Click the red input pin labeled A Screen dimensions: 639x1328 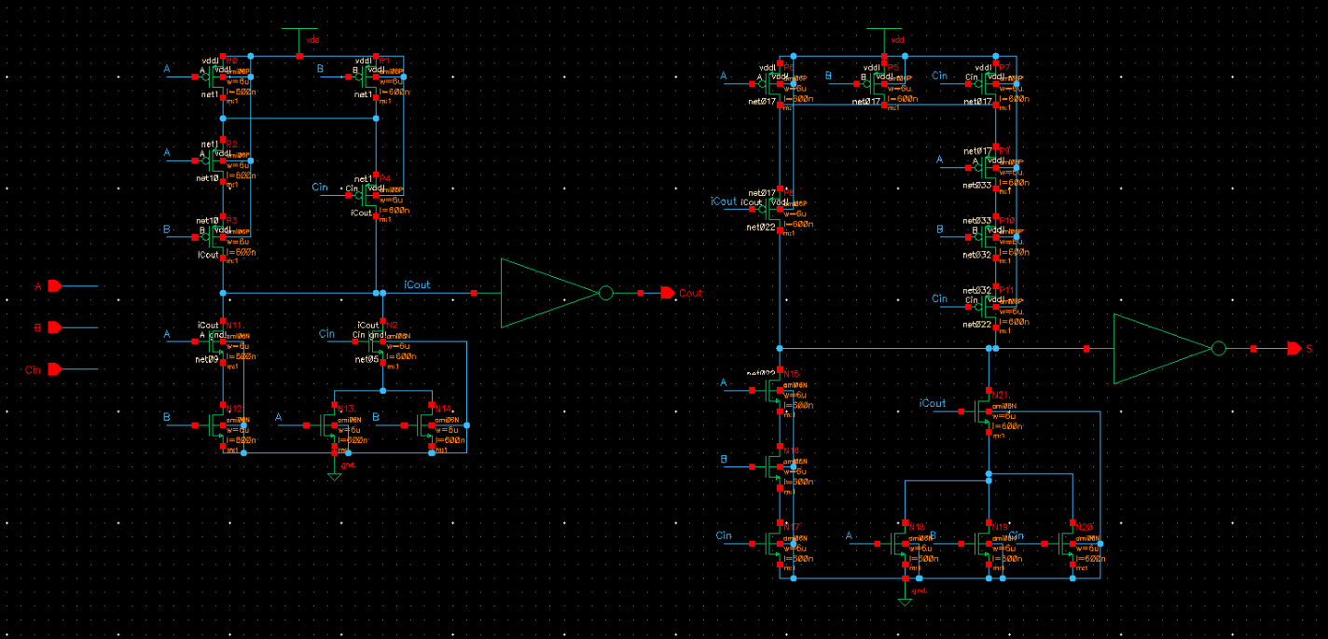pos(54,286)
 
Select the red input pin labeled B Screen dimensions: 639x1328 pos(54,327)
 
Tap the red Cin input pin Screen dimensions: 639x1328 pos(54,369)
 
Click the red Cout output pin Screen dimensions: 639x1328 pos(668,293)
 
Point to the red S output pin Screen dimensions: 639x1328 pos(1293,349)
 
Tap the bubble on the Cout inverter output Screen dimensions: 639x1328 pos(605,293)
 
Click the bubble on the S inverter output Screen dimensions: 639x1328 pos(1218,349)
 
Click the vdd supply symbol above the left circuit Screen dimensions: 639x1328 pos(299,36)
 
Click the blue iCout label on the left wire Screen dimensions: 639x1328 pos(416,284)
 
